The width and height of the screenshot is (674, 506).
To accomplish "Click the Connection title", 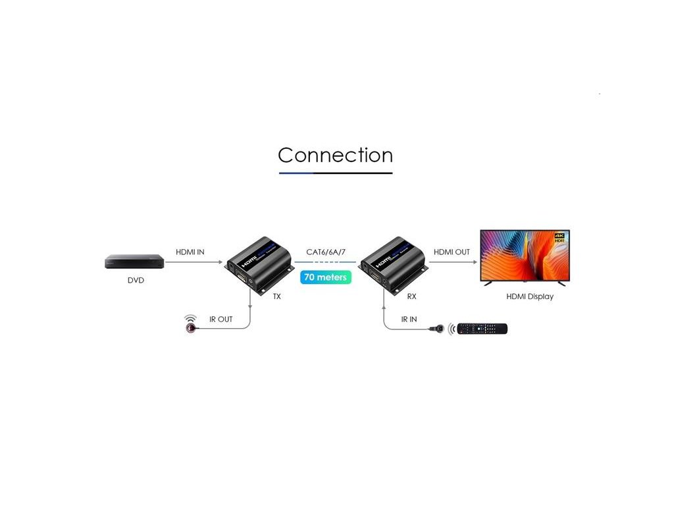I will (x=335, y=155).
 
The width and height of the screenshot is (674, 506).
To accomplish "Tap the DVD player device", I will (x=134, y=262).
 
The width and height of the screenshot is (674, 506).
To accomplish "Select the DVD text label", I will (x=136, y=281).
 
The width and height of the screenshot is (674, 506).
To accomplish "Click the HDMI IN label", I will (x=190, y=252).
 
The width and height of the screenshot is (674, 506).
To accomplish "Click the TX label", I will (x=277, y=296).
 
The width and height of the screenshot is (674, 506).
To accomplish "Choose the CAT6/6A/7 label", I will (x=326, y=252).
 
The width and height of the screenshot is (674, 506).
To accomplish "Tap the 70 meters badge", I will (x=325, y=277).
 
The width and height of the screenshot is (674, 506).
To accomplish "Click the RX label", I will (x=411, y=296).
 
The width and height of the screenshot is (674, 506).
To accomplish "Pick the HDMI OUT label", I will (x=452, y=252).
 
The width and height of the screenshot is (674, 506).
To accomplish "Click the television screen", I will (x=524, y=256).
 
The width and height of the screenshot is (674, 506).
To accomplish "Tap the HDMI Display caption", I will (x=530, y=296).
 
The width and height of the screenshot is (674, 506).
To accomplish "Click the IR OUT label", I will (x=221, y=320).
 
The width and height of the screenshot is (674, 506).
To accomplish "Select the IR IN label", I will (x=409, y=320).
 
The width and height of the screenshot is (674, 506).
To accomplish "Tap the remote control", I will (x=482, y=328).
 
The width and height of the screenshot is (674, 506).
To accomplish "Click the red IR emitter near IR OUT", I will (x=191, y=327).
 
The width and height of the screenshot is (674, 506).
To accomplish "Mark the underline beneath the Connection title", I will (x=335, y=173).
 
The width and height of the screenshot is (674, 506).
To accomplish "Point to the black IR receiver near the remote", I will (x=436, y=328).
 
